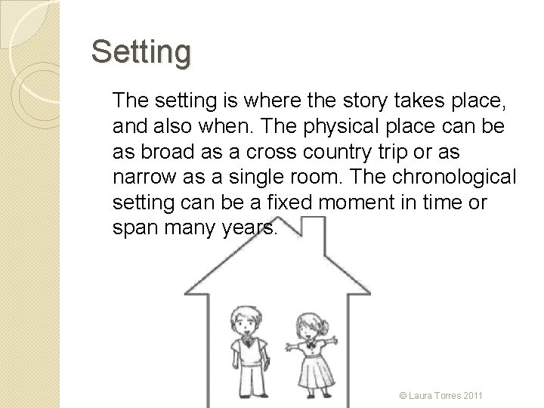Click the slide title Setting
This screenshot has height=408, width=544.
tap(141, 53)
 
